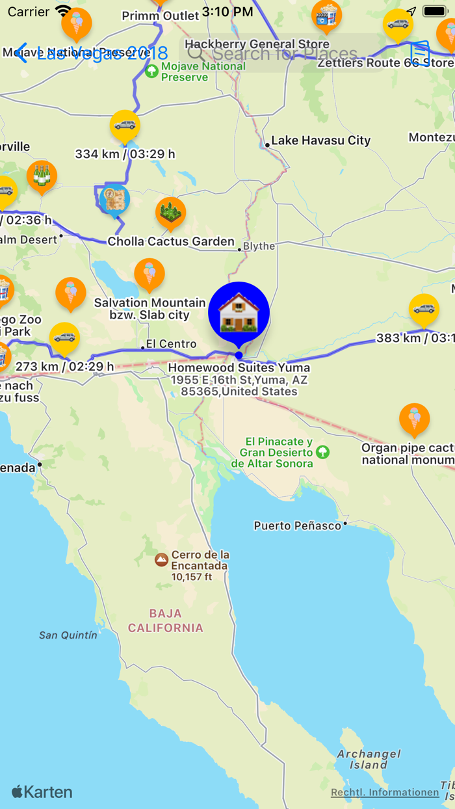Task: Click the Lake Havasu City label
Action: point(320,140)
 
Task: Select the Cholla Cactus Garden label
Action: point(170,242)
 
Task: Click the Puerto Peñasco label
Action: point(297,525)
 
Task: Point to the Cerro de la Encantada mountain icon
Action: point(161,559)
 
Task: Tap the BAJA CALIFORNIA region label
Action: point(166,620)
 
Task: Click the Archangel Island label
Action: point(369,759)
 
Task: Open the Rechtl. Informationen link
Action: point(385,792)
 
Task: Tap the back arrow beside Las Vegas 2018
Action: point(21,53)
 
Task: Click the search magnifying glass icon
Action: point(196,54)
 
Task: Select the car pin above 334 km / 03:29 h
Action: point(125,125)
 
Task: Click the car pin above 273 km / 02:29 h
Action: point(64,338)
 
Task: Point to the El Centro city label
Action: point(170,344)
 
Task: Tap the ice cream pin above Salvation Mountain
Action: point(149,274)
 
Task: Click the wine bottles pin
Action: point(42,176)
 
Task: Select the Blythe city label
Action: point(259,246)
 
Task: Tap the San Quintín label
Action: point(68,635)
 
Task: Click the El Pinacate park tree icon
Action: point(322,451)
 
